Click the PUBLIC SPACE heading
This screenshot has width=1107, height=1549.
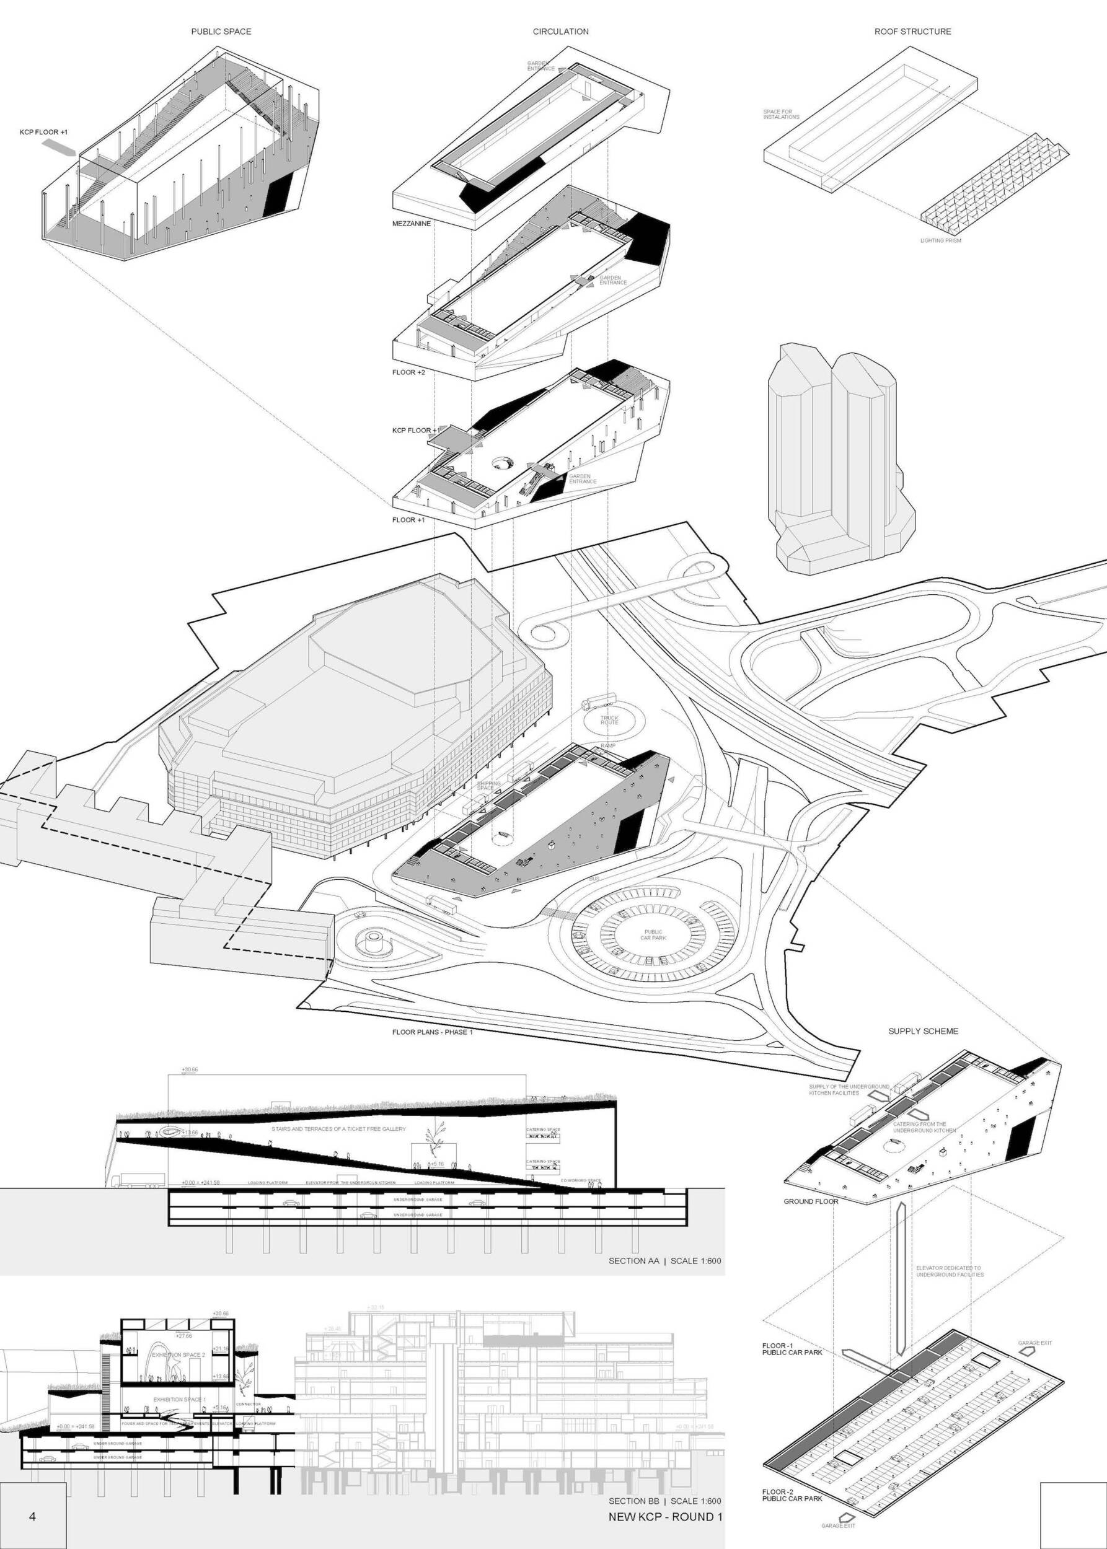pos(221,32)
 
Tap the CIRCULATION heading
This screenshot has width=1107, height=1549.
pos(560,32)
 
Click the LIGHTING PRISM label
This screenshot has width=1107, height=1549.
pos(940,240)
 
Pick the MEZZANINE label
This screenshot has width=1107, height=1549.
pos(412,224)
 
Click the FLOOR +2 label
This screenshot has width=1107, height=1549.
pos(408,373)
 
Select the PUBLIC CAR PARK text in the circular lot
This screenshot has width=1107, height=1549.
pos(653,935)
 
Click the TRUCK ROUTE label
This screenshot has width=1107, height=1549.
pos(609,719)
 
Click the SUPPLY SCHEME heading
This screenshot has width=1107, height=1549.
pos(923,1031)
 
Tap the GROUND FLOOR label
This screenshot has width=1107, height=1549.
pos(811,1220)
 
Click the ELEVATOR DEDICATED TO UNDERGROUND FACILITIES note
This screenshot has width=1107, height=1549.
pos(950,1271)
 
